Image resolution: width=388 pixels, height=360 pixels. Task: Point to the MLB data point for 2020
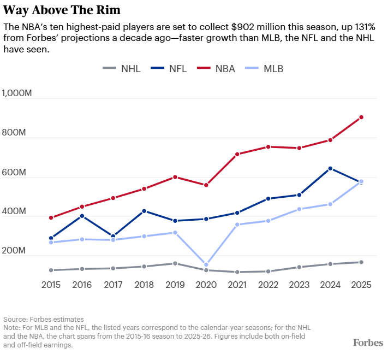click(206, 265)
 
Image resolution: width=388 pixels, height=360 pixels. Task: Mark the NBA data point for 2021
click(237, 154)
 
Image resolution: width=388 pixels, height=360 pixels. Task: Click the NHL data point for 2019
click(175, 263)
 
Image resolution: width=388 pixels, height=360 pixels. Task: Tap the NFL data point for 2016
click(82, 216)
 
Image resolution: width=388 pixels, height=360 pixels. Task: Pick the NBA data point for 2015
click(51, 218)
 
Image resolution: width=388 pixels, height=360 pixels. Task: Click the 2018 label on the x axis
click(144, 285)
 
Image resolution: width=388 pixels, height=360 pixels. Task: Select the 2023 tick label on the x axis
click(300, 285)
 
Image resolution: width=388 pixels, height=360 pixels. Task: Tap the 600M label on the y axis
click(14, 172)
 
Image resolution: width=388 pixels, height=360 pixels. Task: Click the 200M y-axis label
click(14, 251)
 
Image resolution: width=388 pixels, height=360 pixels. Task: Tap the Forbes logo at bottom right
click(367, 343)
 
